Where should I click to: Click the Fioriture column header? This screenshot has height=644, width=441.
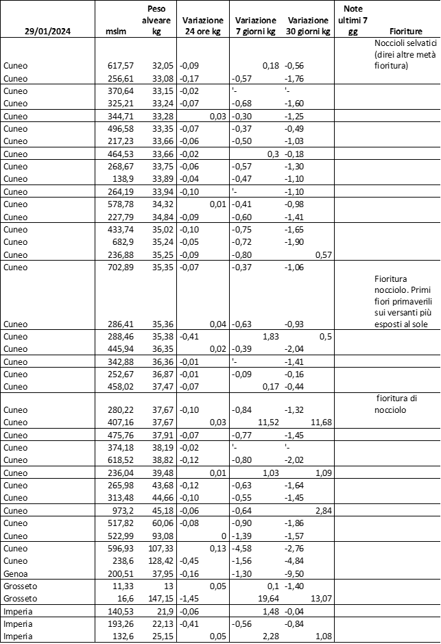point(405,32)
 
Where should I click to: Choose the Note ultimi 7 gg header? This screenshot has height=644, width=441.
point(353,21)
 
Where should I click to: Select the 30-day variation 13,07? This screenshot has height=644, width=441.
point(320,598)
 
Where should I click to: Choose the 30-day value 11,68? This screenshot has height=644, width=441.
point(320,422)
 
